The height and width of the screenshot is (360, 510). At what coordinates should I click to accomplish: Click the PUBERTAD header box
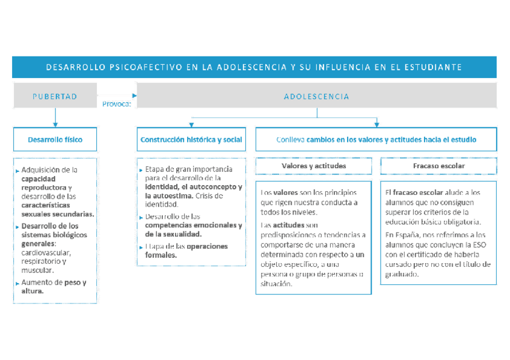click(55, 96)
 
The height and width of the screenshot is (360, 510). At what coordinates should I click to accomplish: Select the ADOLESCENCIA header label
click(316, 96)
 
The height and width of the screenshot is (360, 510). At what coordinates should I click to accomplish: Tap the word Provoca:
click(117, 103)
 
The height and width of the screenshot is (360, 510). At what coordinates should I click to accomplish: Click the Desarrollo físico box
click(55, 139)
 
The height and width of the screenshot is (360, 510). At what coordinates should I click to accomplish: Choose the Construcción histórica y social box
click(191, 139)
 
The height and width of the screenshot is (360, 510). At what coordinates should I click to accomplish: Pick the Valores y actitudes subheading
click(313, 165)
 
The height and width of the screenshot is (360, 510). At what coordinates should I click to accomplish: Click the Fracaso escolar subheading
click(438, 165)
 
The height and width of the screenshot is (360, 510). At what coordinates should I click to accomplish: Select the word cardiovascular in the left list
click(46, 252)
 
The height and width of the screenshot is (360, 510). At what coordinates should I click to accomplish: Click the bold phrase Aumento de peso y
click(54, 282)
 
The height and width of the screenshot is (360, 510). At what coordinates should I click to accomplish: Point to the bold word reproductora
click(44, 188)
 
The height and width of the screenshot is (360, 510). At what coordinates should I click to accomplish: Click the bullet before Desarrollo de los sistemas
click(17, 227)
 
